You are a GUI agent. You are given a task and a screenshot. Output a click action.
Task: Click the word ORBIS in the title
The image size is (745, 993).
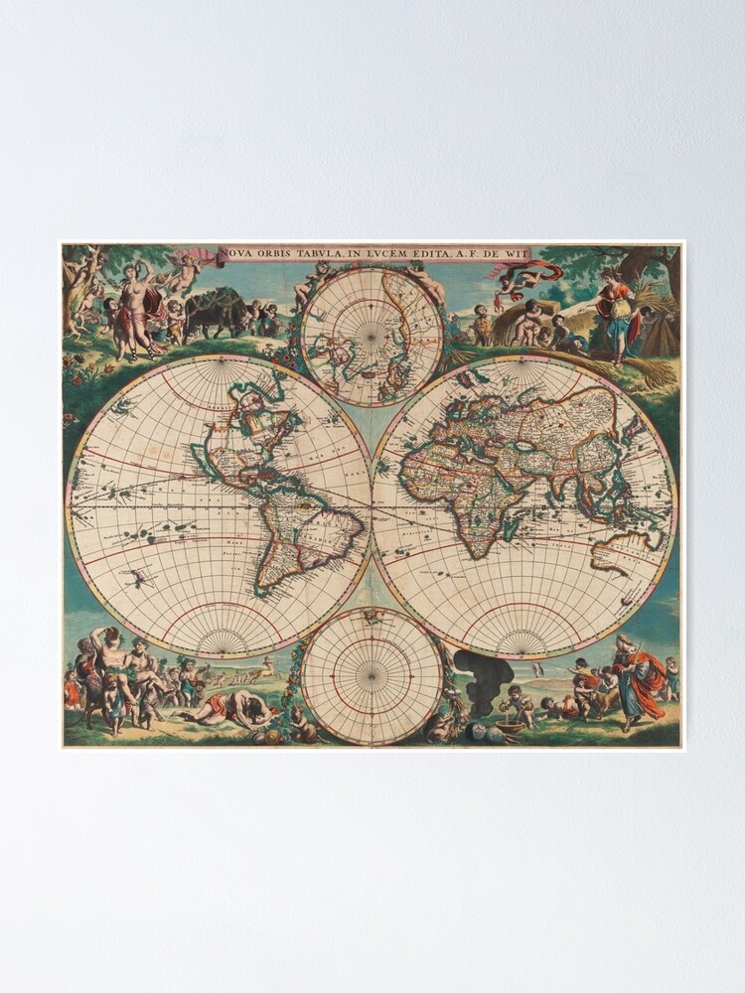point(278,253)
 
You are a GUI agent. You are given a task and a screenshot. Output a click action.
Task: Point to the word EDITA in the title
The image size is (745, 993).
point(422,253)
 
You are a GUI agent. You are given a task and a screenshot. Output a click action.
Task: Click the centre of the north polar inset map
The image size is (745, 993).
point(371,338)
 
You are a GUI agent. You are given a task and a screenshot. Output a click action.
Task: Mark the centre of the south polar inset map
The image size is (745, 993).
point(372,676)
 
